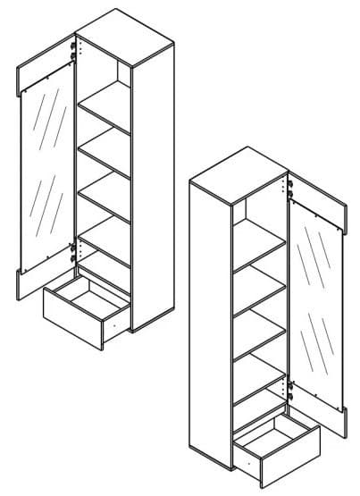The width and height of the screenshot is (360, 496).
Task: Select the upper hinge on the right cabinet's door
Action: [289, 189]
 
